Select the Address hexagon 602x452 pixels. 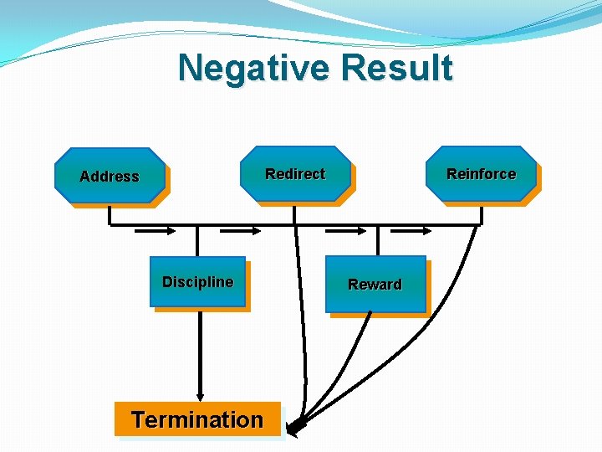click(110, 176)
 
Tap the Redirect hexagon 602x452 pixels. click(295, 174)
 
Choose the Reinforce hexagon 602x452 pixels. click(481, 174)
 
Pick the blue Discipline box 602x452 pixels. click(198, 282)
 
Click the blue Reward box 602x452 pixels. click(375, 285)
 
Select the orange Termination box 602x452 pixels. click(197, 419)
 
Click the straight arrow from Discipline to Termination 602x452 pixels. click(199, 352)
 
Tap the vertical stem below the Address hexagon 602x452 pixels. click(110, 215)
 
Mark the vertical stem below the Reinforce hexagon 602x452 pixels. click(482, 214)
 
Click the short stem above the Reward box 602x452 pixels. click(378, 240)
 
